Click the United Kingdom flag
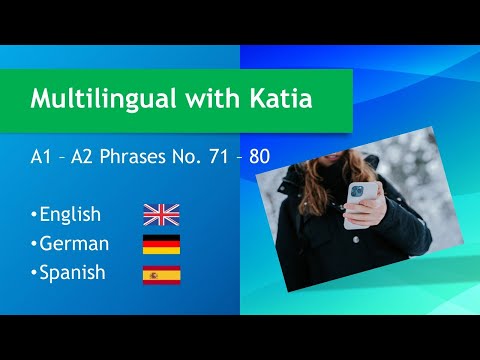pos(161,213)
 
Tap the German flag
pos(161,244)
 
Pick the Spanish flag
pos(161,275)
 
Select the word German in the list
pos(73,244)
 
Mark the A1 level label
pos(42,156)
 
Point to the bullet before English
pos(33,215)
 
